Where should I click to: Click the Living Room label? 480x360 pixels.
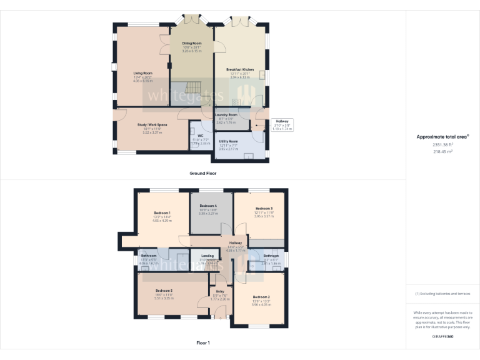tap(142, 73)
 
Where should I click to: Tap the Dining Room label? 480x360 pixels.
tap(192, 43)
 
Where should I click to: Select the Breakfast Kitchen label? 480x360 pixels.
tap(235, 69)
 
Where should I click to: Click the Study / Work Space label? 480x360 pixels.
tap(152, 125)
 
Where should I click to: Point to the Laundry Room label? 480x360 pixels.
tap(226, 115)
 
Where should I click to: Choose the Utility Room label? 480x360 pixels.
tap(228, 142)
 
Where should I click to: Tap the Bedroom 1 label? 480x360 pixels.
tap(162, 213)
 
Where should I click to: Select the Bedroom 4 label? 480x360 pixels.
tap(208, 206)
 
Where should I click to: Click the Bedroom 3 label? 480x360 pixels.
tap(264, 209)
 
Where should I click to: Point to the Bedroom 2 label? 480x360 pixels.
tap(261, 296)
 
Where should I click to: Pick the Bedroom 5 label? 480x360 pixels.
tap(164, 291)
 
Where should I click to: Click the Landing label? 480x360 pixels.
tap(207, 256)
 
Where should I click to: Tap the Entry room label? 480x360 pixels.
tap(220, 291)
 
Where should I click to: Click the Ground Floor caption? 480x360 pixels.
tap(203, 173)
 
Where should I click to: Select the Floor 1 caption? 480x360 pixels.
tap(203, 342)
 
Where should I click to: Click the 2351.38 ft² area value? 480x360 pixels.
tap(442, 145)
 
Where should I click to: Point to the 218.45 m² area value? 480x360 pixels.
tap(442, 151)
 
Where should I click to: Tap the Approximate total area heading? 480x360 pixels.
tap(442, 136)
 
